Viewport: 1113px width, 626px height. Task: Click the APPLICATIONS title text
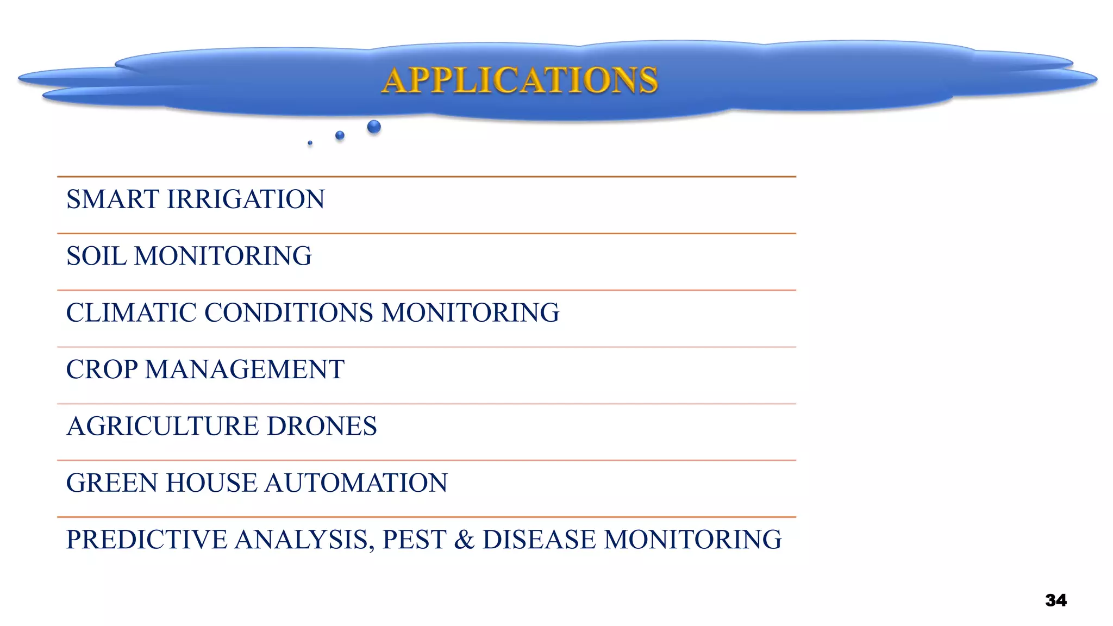[520, 80]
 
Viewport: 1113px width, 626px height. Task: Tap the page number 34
[1055, 600]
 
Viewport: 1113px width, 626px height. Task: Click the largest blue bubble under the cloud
[374, 127]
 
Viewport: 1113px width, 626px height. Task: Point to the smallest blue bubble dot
[310, 143]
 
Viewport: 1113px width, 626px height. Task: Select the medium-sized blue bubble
[340, 135]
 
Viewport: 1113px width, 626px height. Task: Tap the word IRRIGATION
[246, 199]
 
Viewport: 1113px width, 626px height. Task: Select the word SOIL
[96, 256]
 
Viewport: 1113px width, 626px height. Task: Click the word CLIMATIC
[130, 313]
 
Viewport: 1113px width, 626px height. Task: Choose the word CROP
[102, 370]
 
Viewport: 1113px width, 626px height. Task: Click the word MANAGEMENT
[245, 370]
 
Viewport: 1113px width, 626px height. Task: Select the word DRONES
[322, 426]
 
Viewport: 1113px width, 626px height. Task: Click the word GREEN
[111, 483]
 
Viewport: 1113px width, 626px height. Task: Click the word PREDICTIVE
[146, 540]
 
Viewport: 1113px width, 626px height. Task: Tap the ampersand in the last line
[464, 540]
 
